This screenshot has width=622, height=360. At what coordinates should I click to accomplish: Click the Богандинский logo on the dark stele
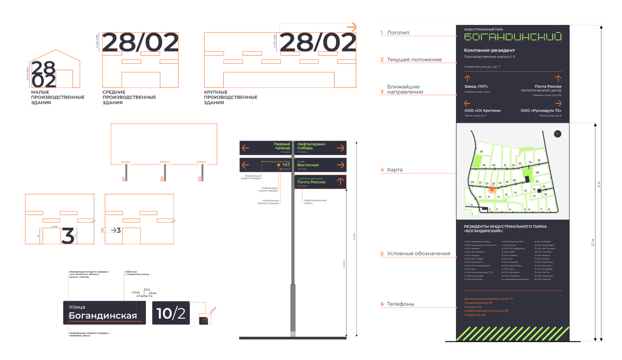click(512, 37)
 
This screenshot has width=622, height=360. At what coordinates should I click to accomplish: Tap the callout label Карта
click(395, 170)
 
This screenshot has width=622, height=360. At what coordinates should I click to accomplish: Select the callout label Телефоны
click(400, 304)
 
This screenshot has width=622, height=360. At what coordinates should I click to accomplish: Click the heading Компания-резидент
click(489, 50)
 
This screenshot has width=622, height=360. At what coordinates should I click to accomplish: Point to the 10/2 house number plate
click(171, 313)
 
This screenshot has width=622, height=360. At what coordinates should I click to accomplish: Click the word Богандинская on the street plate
click(103, 316)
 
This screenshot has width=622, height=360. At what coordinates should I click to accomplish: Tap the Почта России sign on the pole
click(311, 182)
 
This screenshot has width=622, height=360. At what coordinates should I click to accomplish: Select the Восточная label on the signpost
click(308, 165)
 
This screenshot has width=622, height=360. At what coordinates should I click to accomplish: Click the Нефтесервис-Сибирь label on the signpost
click(311, 146)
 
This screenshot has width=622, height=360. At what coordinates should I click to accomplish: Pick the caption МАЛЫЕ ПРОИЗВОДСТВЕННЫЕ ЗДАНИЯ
click(57, 97)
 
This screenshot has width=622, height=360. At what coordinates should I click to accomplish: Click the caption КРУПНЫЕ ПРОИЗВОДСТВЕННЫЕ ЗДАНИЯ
click(230, 97)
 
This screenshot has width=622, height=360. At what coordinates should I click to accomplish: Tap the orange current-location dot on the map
click(492, 189)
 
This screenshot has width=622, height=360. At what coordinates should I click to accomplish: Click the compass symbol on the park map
click(557, 134)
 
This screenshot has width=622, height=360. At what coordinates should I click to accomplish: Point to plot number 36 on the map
click(481, 152)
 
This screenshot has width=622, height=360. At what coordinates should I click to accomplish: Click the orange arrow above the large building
click(351, 27)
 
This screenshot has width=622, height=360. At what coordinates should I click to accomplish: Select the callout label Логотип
click(398, 33)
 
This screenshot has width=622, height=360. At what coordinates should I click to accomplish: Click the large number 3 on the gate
click(68, 236)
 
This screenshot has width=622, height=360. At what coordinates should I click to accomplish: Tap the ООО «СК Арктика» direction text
click(482, 111)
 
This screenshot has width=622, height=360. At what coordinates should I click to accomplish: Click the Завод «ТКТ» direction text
click(476, 87)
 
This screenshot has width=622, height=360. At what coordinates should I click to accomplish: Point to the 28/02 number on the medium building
click(140, 43)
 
